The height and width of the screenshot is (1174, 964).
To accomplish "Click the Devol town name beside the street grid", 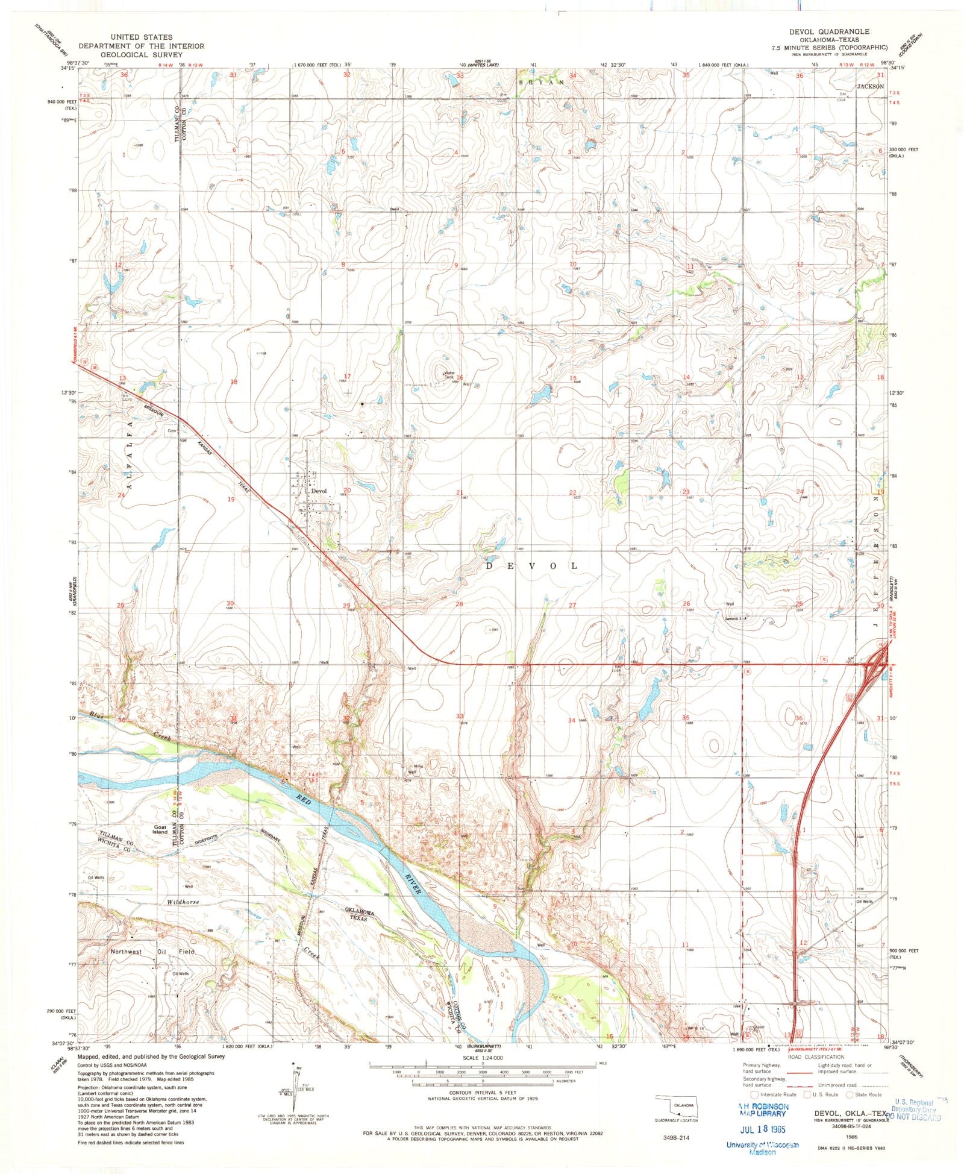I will click(x=319, y=491).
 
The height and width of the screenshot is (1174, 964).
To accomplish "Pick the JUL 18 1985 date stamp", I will click(x=762, y=1128).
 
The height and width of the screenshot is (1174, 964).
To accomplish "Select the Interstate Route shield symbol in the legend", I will click(x=752, y=1094).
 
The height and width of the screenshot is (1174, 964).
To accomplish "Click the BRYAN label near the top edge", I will click(x=540, y=81).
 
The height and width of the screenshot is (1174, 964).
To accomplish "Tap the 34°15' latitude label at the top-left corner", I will click(x=68, y=68).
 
